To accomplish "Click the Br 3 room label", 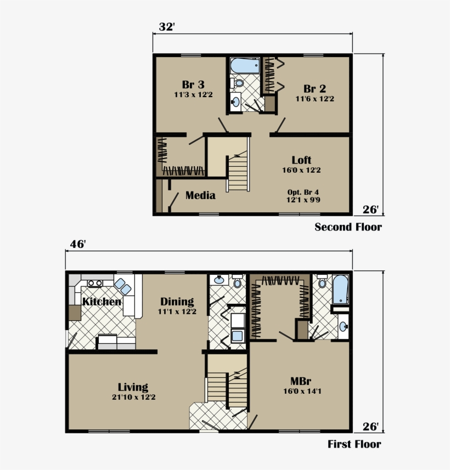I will tap(193, 85).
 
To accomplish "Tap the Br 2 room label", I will tap(314, 89).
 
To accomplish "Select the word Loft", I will tap(301, 160).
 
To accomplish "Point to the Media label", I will tap(200, 196).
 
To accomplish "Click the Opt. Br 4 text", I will tap(303, 192).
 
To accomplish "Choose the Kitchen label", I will tap(102, 302).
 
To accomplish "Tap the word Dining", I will tap(177, 302).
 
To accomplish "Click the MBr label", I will tap(301, 381).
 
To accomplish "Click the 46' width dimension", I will tap(77, 244).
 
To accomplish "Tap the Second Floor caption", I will tap(348, 227).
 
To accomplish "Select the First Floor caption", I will tap(354, 444).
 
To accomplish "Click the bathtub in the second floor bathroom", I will tap(245, 66).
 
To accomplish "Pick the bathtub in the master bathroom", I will tap(340, 290).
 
